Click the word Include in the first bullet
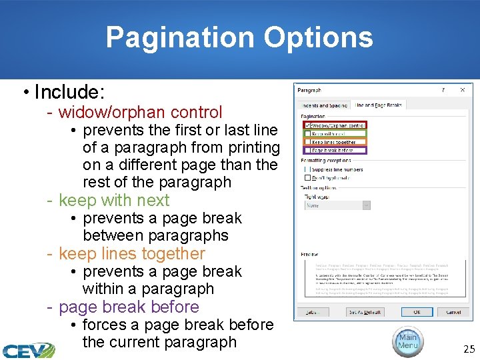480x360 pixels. [69, 91]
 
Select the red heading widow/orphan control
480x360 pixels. [140, 112]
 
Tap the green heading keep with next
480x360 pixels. [114, 200]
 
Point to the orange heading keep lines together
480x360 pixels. [132, 253]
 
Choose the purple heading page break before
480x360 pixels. [129, 307]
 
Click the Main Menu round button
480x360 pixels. [407, 341]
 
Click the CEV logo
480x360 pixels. [28, 350]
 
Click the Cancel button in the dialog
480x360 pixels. [453, 312]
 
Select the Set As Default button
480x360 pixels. [365, 312]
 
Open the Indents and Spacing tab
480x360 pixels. [323, 105]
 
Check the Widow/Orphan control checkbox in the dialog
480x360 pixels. [307, 125]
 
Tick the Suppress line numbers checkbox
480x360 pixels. [307, 169]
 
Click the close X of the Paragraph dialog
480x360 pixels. [462, 89]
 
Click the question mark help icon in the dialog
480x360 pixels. [444, 89]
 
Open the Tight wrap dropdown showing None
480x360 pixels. [337, 205]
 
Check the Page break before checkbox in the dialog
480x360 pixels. [307, 151]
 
